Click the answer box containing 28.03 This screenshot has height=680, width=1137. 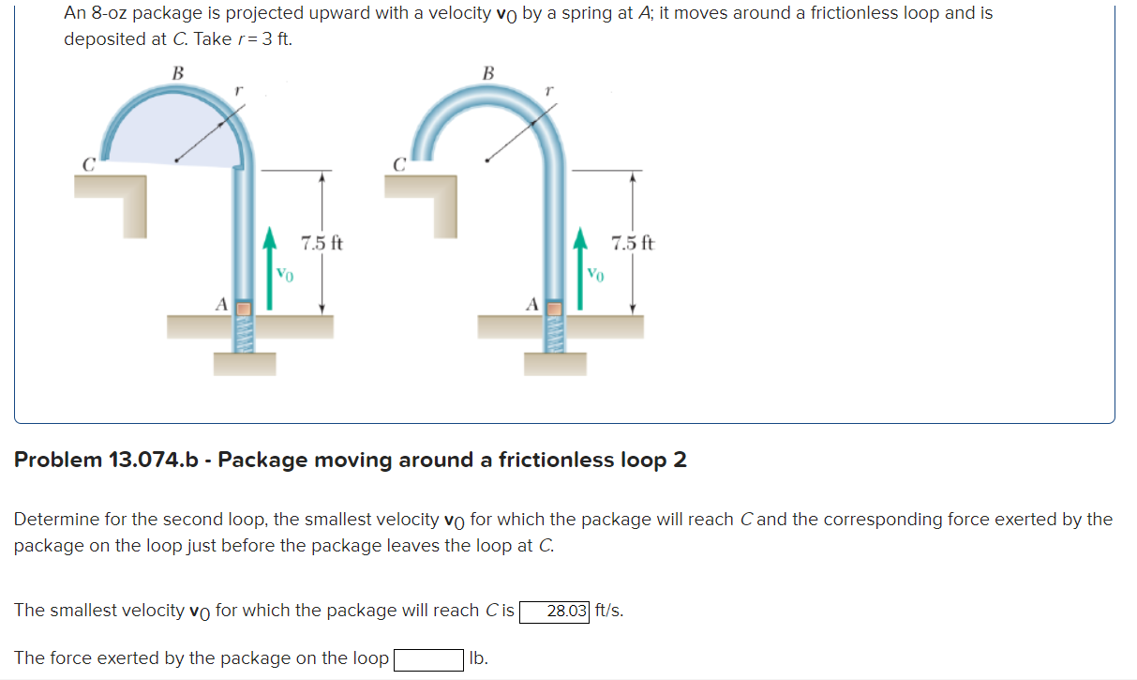point(555,612)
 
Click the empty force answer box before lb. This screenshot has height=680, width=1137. point(428,659)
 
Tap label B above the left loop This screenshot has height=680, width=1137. point(178,72)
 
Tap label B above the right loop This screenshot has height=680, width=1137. point(487,72)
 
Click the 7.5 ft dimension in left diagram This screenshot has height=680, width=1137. point(322,244)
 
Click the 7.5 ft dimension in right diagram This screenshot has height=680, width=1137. point(633,244)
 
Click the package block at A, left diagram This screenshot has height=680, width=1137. point(243,308)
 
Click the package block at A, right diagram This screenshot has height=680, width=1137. point(554,308)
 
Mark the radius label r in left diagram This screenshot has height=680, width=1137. point(240,91)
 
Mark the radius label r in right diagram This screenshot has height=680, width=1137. point(550,91)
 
